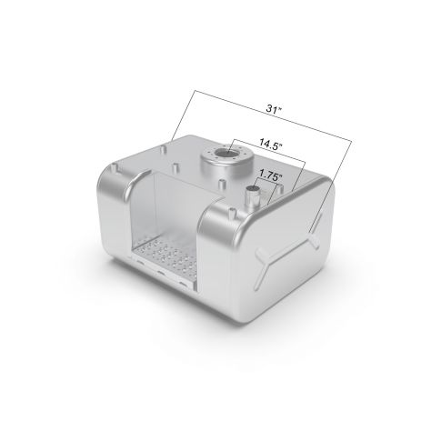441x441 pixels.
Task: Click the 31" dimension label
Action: (x=274, y=109)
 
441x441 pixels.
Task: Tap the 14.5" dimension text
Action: (x=270, y=145)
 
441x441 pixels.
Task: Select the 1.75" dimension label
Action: (x=271, y=175)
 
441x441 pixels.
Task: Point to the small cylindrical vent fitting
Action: (x=253, y=196)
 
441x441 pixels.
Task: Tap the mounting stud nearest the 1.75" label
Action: (x=281, y=189)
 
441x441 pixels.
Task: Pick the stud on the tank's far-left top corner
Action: (x=115, y=168)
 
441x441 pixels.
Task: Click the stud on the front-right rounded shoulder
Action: (x=232, y=213)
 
